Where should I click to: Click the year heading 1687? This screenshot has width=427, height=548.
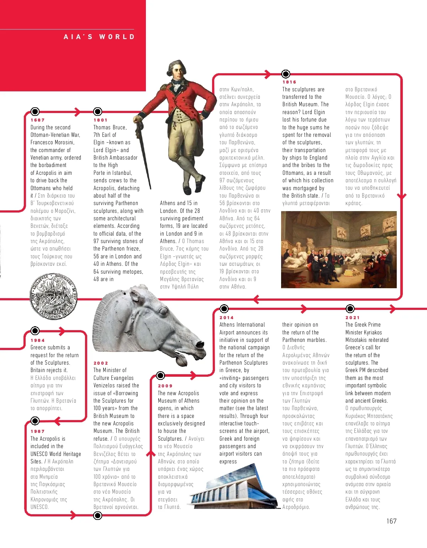(x=37, y=120)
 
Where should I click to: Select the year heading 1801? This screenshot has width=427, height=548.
(x=100, y=120)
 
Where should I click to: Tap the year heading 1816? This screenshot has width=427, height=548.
(x=289, y=82)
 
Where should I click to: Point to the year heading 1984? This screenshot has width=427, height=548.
(x=37, y=340)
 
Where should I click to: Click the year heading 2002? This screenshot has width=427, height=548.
(x=101, y=363)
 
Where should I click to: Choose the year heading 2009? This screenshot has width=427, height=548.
(x=165, y=386)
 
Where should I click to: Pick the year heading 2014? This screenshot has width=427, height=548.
(x=226, y=318)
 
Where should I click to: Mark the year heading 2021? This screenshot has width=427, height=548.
(x=352, y=318)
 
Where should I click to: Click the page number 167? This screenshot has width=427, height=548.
(x=391, y=521)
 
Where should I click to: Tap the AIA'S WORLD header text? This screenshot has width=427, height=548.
(x=99, y=37)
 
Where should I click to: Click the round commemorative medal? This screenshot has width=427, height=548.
(x=53, y=297)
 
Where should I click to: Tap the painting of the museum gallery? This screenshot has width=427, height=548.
(x=339, y=249)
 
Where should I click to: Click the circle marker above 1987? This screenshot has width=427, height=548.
(x=35, y=421)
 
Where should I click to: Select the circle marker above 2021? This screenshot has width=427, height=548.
(x=350, y=308)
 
